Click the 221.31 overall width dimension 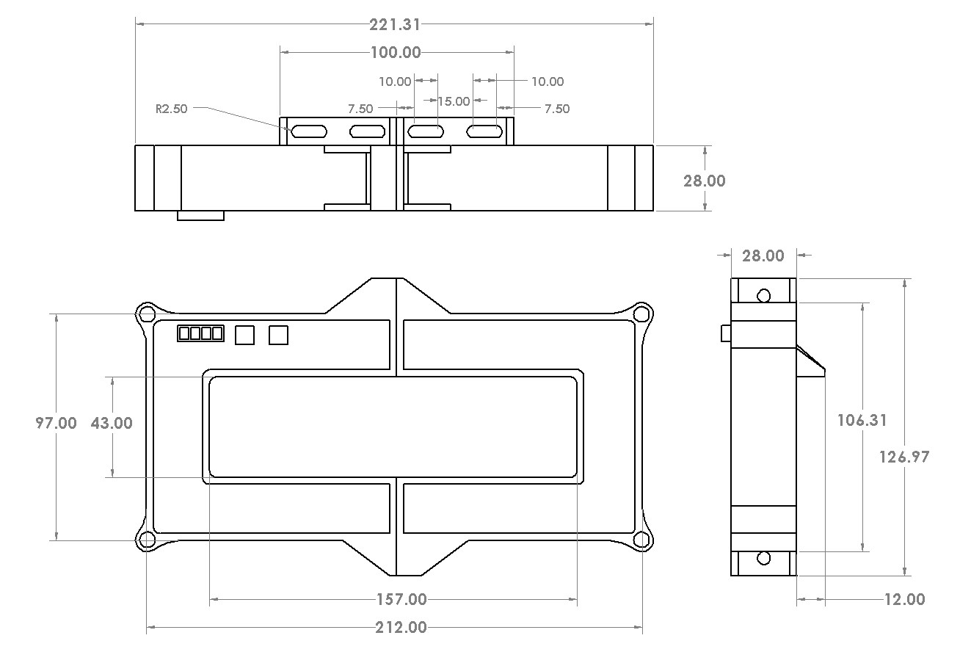click(x=395, y=24)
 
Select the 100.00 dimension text click(x=396, y=52)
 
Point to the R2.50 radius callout click(x=172, y=109)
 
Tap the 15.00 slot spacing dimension click(x=454, y=101)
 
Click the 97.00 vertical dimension click(x=57, y=423)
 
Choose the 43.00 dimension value click(x=112, y=423)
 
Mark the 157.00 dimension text click(x=401, y=600)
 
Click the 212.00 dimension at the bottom click(x=401, y=627)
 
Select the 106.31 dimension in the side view click(x=862, y=420)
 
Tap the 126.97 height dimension click(x=904, y=457)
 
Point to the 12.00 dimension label click(x=904, y=599)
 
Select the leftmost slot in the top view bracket click(x=309, y=131)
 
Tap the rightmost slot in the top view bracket click(x=485, y=131)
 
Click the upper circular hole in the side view click(x=763, y=295)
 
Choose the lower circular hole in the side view click(x=763, y=558)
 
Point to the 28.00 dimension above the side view click(x=763, y=256)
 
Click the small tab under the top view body click(x=200, y=216)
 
